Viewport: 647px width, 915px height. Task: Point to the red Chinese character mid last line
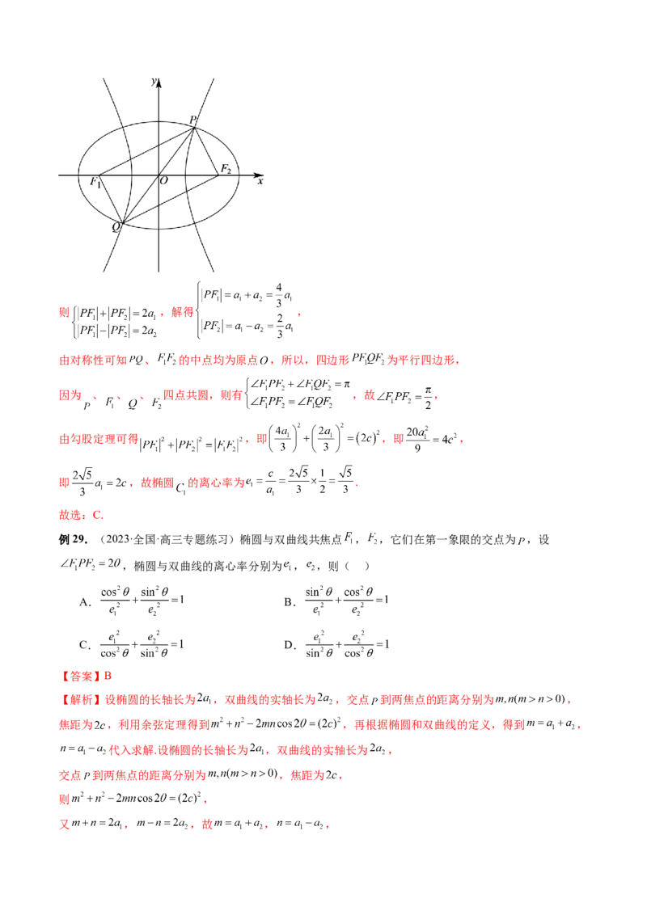(x=207, y=826)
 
